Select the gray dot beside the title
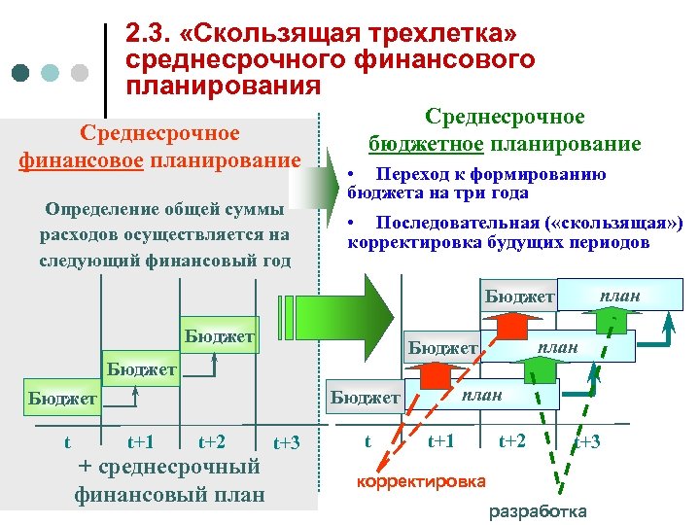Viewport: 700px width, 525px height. click(80, 73)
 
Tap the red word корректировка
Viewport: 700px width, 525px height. click(422, 481)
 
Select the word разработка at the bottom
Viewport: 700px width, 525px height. click(537, 511)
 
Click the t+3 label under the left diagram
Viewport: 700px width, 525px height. click(286, 443)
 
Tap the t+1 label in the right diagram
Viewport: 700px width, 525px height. click(441, 441)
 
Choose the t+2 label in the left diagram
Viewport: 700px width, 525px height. click(212, 442)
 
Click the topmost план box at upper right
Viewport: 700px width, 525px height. click(619, 295)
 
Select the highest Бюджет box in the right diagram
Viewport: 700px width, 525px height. click(519, 296)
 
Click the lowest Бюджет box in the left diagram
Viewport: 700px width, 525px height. click(62, 399)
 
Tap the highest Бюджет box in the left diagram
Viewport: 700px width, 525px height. click(220, 337)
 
